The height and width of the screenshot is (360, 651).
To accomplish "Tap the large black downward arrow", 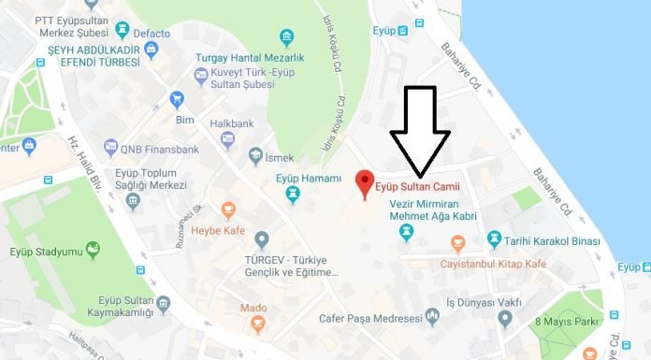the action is pos(419,131).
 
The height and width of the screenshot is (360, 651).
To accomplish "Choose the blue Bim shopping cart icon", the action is pos(176,99).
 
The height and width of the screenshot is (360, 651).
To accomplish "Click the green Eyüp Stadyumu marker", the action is pos(93,250).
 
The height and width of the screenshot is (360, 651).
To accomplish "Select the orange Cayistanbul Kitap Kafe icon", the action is pos(456,244).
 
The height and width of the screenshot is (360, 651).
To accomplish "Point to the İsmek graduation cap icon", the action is pos(255,156).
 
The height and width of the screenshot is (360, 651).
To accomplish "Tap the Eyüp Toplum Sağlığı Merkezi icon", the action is pos(135,201).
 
